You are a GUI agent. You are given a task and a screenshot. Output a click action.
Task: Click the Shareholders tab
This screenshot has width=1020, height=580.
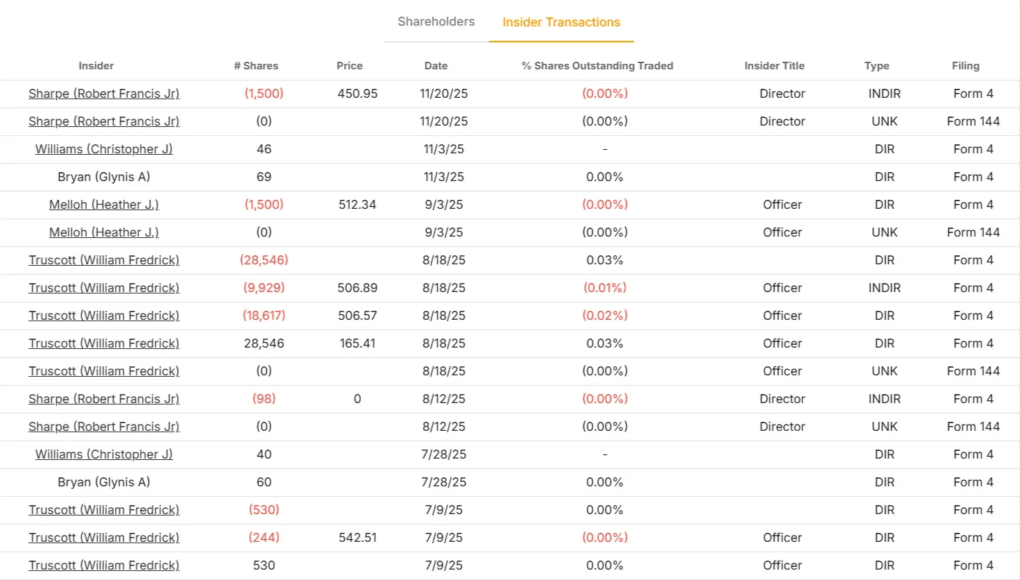pos(436,22)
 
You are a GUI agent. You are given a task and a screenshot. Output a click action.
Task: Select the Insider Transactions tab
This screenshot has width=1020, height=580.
pos(561,22)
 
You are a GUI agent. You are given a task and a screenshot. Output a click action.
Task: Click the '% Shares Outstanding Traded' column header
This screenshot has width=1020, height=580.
pos(597,66)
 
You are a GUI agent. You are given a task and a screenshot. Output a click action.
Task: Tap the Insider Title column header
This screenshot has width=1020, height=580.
pos(774,66)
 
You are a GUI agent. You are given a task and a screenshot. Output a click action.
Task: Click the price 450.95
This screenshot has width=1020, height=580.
pos(357,94)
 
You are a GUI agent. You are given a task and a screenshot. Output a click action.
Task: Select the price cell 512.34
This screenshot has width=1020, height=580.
pos(357,205)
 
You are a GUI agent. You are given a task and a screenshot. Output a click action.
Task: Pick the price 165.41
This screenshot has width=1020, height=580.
pos(357,343)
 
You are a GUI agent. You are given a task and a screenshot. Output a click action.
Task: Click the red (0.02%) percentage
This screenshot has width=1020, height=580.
pos(605,316)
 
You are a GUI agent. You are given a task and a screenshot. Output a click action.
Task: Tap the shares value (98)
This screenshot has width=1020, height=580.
pos(264,399)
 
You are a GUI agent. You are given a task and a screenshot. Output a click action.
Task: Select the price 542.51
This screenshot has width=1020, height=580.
pos(357,538)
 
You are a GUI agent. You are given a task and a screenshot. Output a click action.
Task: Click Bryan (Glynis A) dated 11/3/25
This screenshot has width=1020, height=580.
pos(104,177)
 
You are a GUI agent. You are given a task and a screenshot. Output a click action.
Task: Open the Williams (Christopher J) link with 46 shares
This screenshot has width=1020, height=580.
pos(104,149)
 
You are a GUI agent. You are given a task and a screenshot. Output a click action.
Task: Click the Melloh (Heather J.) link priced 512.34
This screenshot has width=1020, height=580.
pos(104,205)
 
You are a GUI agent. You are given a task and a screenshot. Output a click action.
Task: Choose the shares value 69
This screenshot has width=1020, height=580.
pos(264,177)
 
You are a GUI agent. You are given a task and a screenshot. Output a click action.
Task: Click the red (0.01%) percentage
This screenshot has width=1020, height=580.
pos(605,288)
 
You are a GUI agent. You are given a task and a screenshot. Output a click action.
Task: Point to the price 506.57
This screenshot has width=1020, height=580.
pos(357,316)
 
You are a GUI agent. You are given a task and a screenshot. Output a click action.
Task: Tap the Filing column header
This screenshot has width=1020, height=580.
pos(965,66)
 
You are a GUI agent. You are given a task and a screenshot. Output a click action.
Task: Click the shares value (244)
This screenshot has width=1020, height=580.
pos(264,538)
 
